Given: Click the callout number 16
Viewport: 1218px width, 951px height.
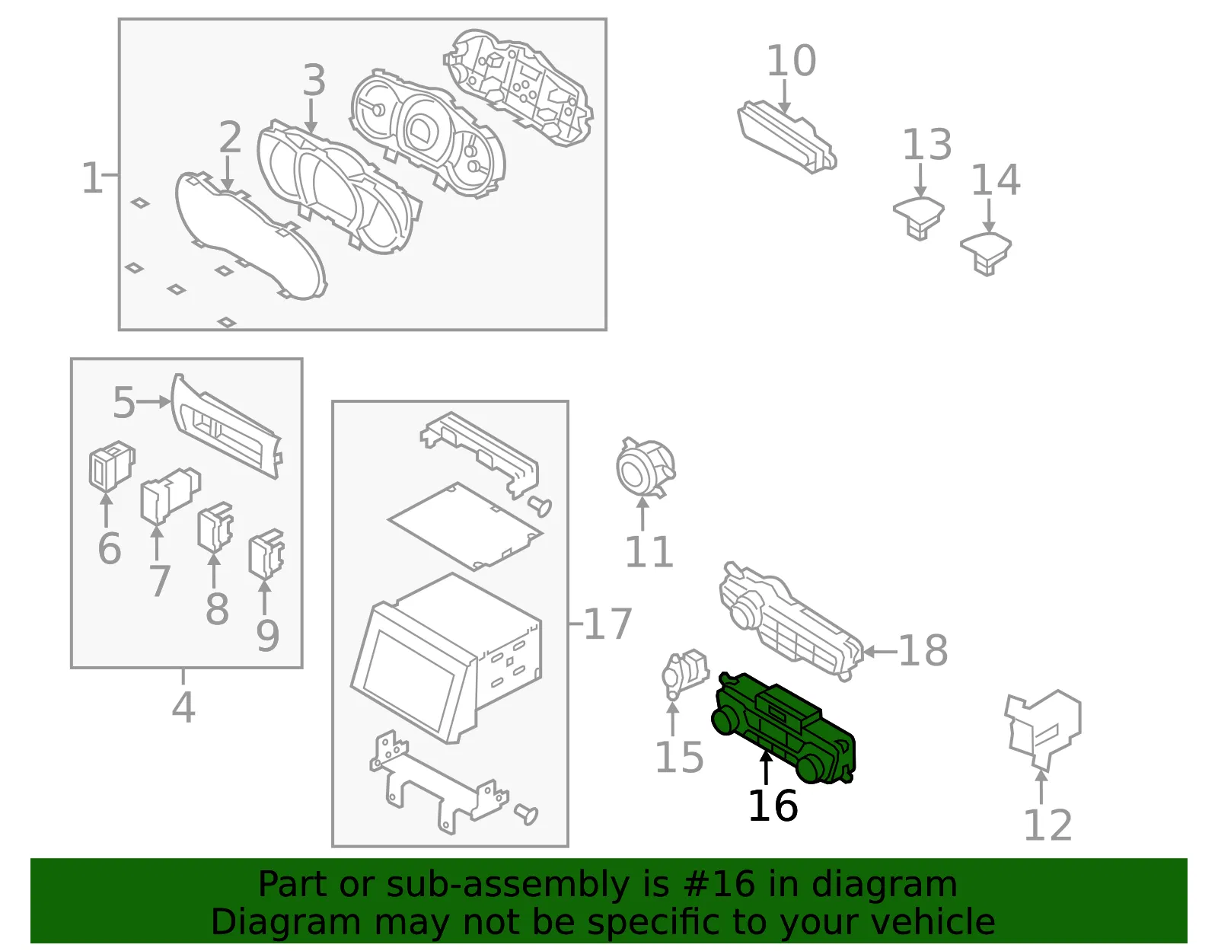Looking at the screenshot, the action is coord(773,806).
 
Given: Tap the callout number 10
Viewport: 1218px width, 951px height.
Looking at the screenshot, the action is coord(791,60).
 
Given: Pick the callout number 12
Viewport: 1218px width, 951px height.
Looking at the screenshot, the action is coord(1047,825).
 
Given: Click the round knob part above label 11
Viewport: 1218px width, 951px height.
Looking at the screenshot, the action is coord(645,468).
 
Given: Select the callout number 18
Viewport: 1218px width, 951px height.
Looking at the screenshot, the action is coord(923,651).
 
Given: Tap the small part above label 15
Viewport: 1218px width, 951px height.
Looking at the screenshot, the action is coord(684,674).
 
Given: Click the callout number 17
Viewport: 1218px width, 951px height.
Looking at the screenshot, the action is coord(608,623).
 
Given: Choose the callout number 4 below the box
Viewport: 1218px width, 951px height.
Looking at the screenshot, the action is coord(183,707).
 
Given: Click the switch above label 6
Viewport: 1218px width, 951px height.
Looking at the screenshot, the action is coord(112,465).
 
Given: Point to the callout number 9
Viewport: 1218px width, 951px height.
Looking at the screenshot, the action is coord(267,636).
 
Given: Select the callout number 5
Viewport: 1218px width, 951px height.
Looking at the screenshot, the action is coord(124,402).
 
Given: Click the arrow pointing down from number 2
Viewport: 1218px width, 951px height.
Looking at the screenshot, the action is coord(227,174).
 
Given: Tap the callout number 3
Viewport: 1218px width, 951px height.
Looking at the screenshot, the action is coord(314,80).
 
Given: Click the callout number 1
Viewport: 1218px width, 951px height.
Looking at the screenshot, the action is coord(91,177).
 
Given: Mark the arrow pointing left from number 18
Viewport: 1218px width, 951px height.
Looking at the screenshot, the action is coord(879,651).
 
